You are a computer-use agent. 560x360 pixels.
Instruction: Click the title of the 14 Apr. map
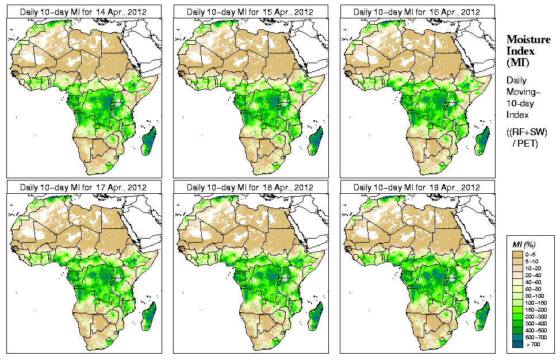click(x=83, y=12)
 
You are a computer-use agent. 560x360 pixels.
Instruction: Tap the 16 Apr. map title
click(x=416, y=12)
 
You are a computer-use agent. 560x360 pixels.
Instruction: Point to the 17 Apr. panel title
click(x=83, y=187)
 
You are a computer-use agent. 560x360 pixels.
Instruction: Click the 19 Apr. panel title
click(x=416, y=187)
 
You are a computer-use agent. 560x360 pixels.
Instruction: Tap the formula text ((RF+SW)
click(x=527, y=132)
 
